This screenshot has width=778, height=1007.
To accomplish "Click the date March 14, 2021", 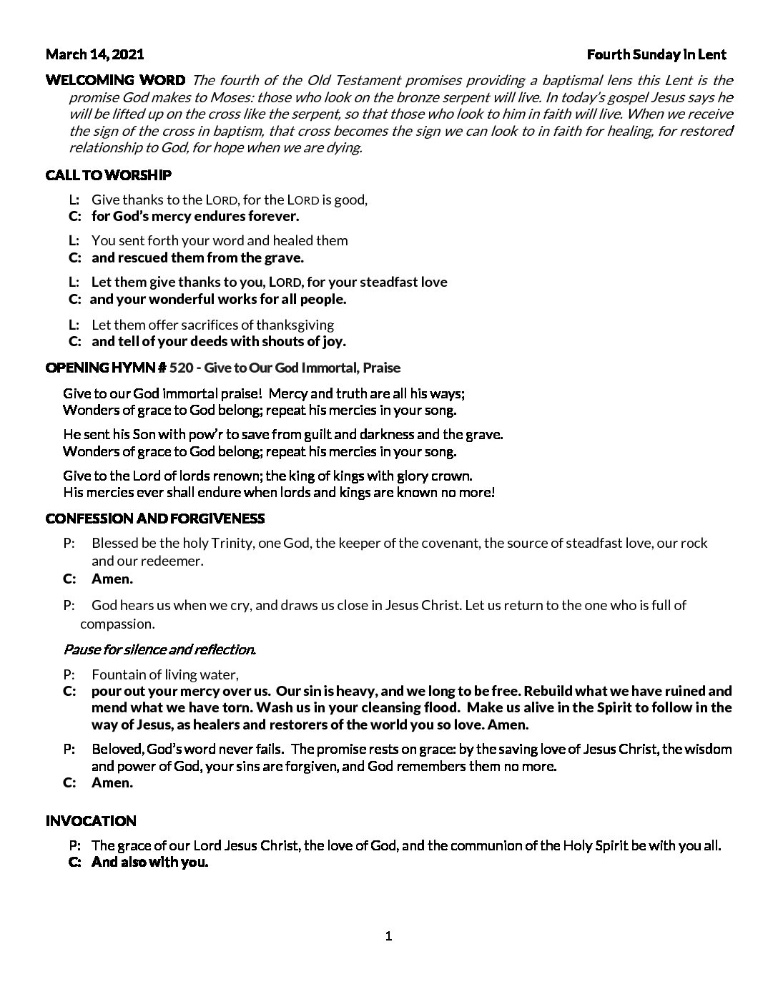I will pyautogui.click(x=94, y=54).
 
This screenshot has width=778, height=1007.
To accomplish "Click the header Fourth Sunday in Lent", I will pyautogui.click(x=656, y=54).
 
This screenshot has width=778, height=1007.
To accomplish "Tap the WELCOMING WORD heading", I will pyautogui.click(x=115, y=80).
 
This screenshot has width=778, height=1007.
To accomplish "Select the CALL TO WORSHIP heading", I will pyautogui.click(x=108, y=175).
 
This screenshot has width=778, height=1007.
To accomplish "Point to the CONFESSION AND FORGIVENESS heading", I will pyautogui.click(x=154, y=518).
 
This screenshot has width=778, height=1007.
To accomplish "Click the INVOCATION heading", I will pyautogui.click(x=91, y=821).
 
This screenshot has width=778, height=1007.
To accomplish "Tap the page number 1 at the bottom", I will pyautogui.click(x=388, y=936).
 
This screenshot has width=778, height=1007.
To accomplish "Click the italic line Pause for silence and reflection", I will pyautogui.click(x=159, y=649).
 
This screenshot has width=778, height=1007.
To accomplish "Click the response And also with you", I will pyautogui.click(x=149, y=862).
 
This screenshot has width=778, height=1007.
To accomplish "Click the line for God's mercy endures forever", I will pyautogui.click(x=195, y=216).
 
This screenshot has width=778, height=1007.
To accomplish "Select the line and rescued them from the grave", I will pyautogui.click(x=197, y=257).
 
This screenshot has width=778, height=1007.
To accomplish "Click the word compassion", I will pyautogui.click(x=117, y=624).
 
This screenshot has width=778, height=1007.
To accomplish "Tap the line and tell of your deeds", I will pyautogui.click(x=219, y=341).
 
